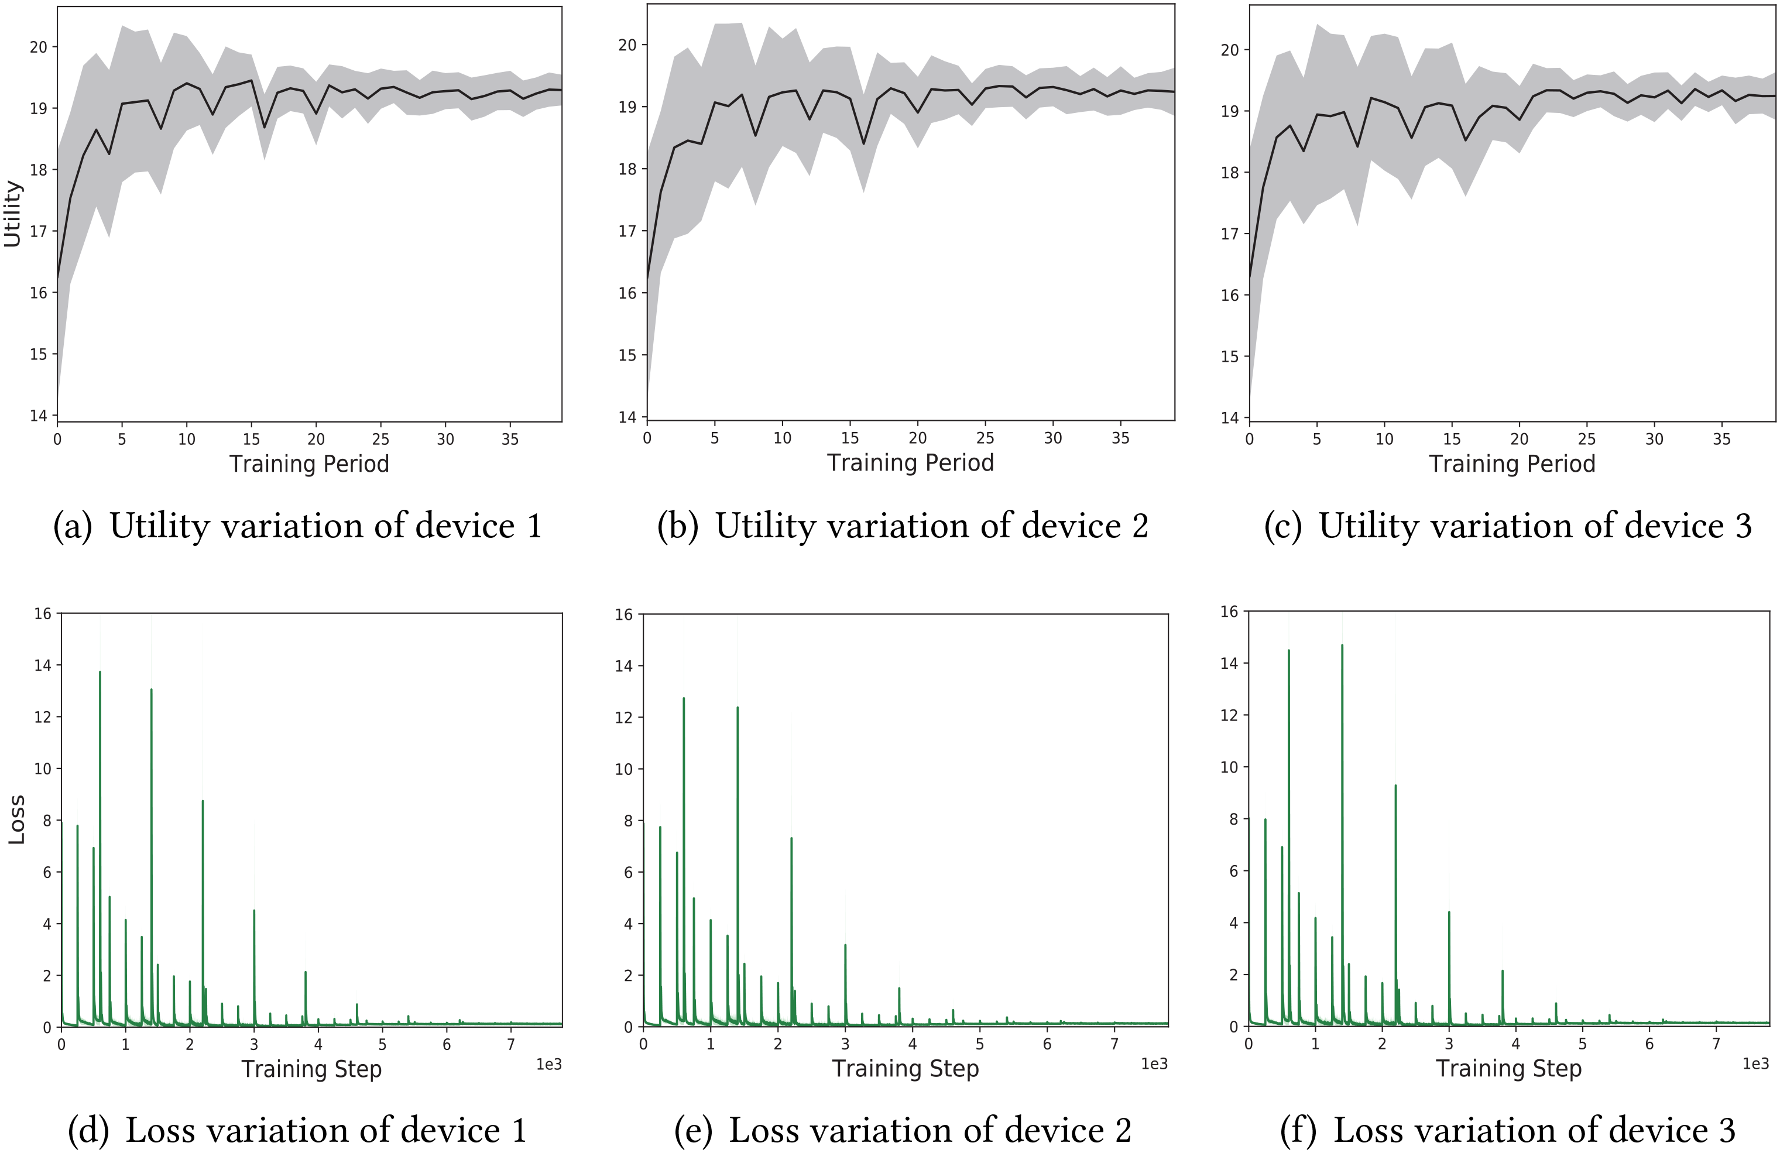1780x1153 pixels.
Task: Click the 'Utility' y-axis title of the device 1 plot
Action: tap(13, 214)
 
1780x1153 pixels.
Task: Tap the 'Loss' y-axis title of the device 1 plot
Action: tap(16, 819)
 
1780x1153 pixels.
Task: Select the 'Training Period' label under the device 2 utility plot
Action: tap(910, 463)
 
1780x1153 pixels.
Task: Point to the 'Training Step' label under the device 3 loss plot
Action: tap(1508, 1069)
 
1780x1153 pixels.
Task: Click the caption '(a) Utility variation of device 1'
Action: tap(297, 526)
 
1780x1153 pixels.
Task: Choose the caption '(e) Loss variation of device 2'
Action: tap(903, 1130)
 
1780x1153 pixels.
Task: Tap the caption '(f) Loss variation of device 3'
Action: tap(1507, 1130)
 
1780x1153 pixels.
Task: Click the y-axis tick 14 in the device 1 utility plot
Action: tap(38, 416)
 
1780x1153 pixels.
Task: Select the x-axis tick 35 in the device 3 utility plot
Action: tap(1721, 439)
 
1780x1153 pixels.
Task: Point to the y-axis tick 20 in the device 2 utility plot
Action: tap(627, 45)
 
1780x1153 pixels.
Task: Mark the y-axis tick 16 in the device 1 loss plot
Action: tap(43, 614)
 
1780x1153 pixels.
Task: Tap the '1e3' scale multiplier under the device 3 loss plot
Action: tap(1755, 1063)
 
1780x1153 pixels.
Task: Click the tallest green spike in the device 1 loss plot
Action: tap(100, 673)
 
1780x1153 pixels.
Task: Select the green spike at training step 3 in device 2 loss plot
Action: tap(845, 945)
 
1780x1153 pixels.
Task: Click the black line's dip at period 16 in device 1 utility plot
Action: tap(264, 127)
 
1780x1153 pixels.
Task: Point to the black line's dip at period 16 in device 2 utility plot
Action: tap(864, 143)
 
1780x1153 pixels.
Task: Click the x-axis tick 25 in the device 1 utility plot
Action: tap(380, 440)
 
